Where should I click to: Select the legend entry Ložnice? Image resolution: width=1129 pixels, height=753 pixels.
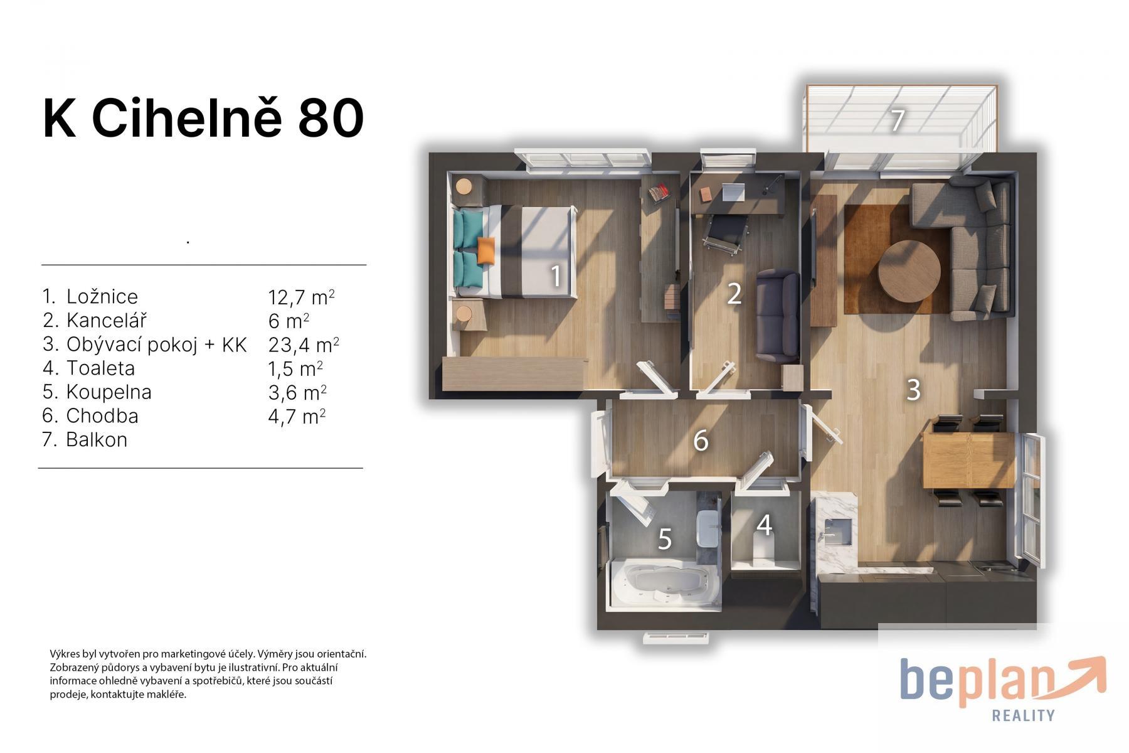click(102, 296)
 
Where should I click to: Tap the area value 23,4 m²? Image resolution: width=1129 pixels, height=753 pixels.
click(304, 344)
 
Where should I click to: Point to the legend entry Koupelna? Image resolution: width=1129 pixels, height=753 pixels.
click(109, 392)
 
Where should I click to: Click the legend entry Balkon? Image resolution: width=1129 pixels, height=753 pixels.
click(97, 440)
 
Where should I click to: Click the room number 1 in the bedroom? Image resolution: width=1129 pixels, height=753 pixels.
click(555, 276)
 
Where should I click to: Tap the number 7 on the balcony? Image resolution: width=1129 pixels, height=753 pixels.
click(898, 120)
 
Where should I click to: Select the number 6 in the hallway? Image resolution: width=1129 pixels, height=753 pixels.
click(701, 441)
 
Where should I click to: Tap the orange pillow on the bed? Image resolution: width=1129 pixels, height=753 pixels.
click(485, 251)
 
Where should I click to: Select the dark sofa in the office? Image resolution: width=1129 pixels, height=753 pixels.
click(777, 316)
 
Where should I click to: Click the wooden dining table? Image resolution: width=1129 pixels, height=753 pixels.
click(968, 460)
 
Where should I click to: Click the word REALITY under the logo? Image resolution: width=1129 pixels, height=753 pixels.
click(1023, 715)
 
